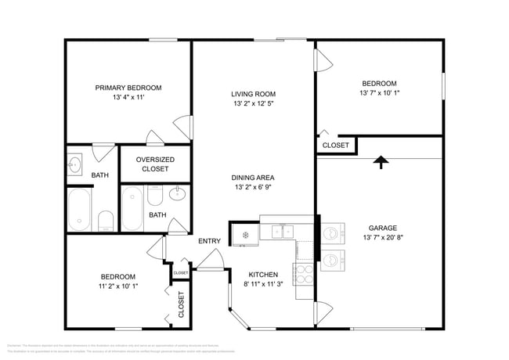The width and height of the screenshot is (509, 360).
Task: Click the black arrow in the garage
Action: [381, 162]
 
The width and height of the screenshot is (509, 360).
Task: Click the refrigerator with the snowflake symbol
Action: [244, 233]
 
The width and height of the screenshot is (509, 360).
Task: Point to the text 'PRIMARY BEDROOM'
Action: [128, 88]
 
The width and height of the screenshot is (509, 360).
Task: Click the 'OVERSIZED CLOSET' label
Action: [155, 164]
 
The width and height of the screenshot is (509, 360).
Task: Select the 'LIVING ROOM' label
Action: [253, 94]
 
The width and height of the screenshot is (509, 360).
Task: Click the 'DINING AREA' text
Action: [253, 178]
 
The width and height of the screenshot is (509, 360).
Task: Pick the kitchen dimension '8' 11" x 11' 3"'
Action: [264, 285]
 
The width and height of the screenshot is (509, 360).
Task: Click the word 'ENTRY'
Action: [209, 241]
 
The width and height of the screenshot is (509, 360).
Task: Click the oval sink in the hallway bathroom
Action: [178, 193]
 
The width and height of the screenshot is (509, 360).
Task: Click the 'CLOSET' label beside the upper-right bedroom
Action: [336, 146]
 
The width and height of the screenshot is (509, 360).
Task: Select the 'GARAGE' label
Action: [378, 227]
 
